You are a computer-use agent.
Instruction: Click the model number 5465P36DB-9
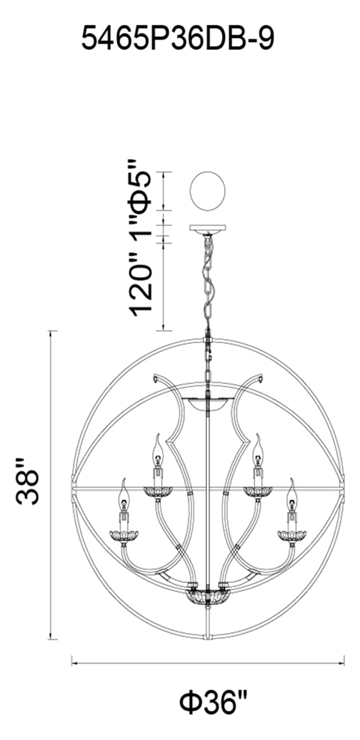(178, 39)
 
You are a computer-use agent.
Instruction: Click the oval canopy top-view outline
(207, 191)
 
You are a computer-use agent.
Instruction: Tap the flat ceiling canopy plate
(207, 228)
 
